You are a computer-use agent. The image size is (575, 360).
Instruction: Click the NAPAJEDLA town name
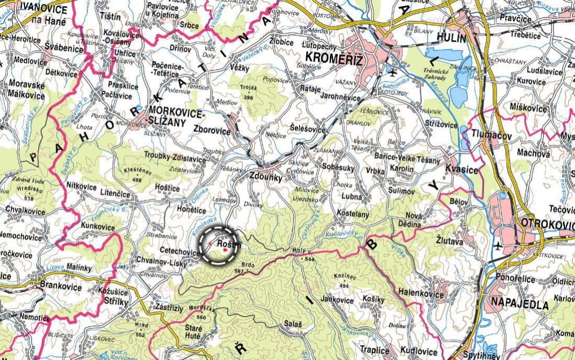pos(519,304)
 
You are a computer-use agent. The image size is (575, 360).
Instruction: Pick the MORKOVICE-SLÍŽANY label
pos(176,115)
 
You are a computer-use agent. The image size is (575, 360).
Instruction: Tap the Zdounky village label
pos(266,178)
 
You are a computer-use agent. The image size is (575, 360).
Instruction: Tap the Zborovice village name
pos(211,131)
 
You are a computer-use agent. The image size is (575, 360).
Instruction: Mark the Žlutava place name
pos(449,243)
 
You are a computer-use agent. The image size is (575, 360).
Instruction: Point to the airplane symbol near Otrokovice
pos(497,245)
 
